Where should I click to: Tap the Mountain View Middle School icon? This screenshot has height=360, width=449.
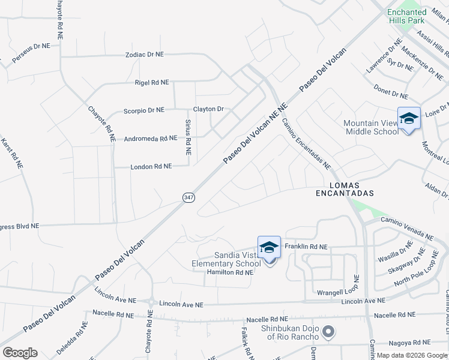(x=409, y=118)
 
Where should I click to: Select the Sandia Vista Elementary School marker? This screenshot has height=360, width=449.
(x=269, y=248)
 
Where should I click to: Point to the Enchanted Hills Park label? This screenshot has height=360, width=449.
(x=406, y=16)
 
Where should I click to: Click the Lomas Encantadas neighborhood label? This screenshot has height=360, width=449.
(x=345, y=189)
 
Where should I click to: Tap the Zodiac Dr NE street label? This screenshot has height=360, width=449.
(x=144, y=54)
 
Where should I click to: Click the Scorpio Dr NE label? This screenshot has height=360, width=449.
(x=143, y=110)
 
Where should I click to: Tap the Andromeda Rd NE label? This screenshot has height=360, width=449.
(x=150, y=139)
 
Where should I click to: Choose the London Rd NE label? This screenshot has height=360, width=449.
(x=151, y=166)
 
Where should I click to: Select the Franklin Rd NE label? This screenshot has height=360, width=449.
(x=306, y=246)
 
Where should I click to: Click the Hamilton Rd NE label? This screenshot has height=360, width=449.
(x=229, y=272)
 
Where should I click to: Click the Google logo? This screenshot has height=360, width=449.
(x=20, y=353)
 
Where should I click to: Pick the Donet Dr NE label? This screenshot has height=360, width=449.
(x=391, y=91)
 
